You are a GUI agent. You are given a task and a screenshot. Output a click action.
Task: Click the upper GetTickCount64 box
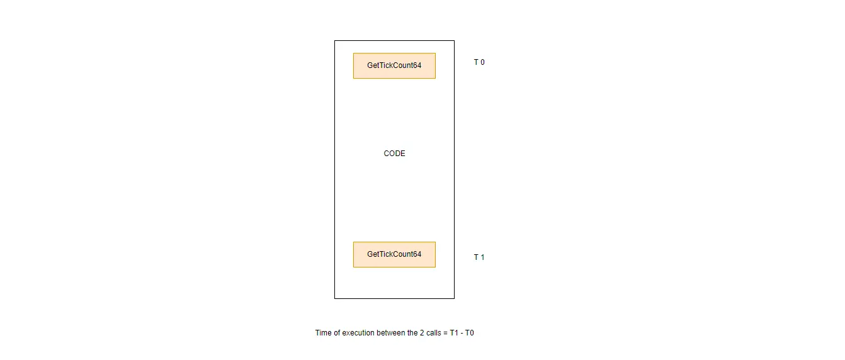coord(394,65)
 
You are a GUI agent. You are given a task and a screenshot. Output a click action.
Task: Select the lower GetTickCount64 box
coord(394,254)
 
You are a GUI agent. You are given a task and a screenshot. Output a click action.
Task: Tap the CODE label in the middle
coord(394,154)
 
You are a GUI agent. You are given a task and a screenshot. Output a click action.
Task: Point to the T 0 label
coord(479,62)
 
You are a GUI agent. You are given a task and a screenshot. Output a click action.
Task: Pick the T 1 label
coord(479,257)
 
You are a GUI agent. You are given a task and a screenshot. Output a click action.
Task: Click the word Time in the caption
coord(323,333)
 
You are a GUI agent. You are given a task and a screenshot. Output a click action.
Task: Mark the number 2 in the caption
coord(422,333)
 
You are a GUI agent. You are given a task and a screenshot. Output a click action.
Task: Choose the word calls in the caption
coord(433,333)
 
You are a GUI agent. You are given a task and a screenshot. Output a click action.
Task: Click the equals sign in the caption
coord(446,333)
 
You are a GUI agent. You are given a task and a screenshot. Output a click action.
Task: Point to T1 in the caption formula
coord(454,333)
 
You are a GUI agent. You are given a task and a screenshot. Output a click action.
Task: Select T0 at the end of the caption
coord(469,333)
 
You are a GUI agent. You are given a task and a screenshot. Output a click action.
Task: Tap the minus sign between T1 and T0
coord(462,334)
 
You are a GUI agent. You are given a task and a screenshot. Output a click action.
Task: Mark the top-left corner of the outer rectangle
coord(334,41)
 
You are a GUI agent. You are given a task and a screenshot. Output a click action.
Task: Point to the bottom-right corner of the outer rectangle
coord(454,298)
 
